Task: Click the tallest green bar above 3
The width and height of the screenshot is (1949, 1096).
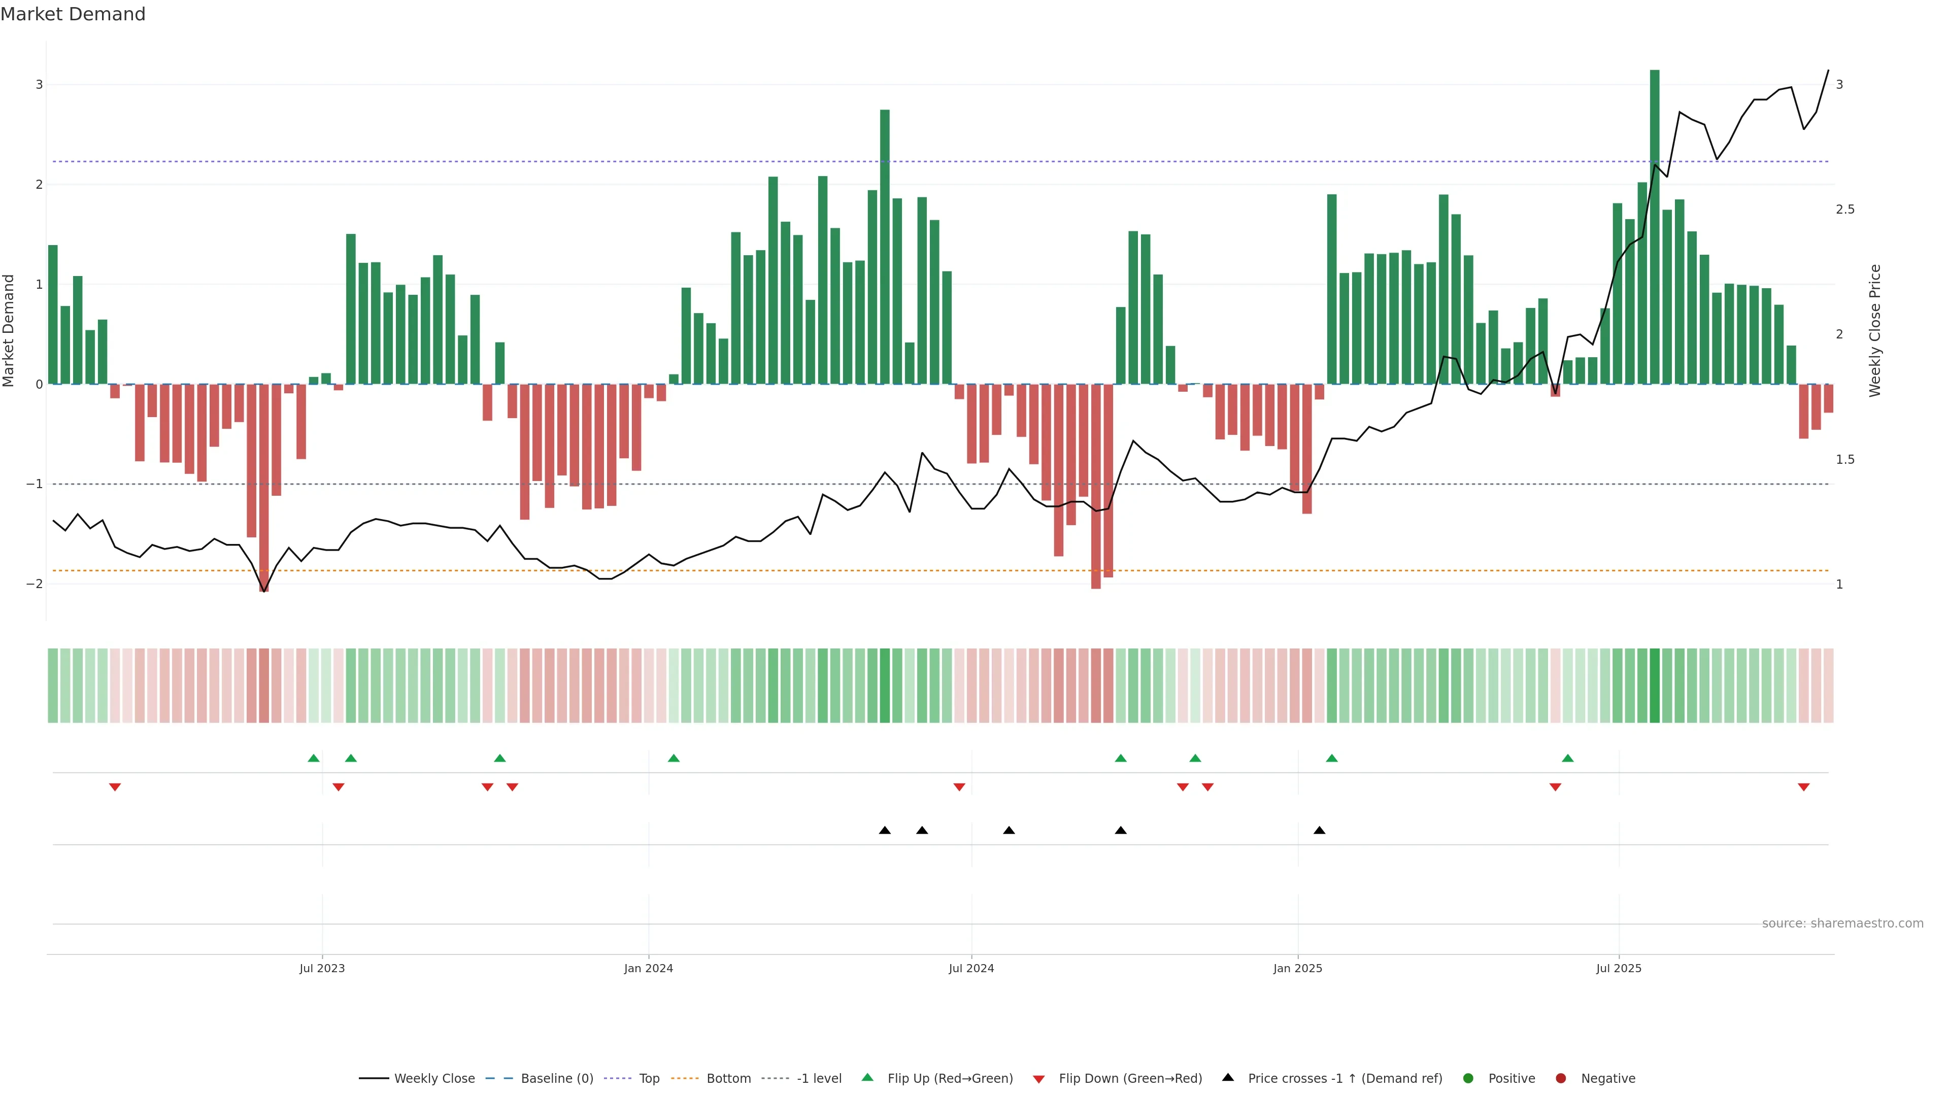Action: [x=1654, y=227]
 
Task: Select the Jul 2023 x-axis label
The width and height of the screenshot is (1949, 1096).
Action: [x=322, y=968]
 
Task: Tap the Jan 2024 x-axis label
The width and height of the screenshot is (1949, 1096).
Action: [x=649, y=968]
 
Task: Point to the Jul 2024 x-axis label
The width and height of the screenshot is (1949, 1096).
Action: [x=971, y=968]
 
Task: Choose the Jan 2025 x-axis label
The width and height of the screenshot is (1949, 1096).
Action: [x=1298, y=968]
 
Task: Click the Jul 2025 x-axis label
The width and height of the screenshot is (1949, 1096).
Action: [x=1619, y=968]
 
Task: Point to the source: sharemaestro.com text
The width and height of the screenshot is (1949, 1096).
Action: [x=1842, y=923]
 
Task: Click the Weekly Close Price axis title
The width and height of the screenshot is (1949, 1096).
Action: [x=1875, y=330]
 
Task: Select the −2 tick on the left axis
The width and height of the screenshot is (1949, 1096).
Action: [x=35, y=584]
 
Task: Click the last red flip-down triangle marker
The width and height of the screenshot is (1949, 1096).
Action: [x=1804, y=787]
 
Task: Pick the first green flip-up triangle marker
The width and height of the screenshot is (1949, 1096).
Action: [x=314, y=758]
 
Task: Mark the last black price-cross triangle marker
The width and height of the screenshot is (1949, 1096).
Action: [x=1320, y=831]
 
